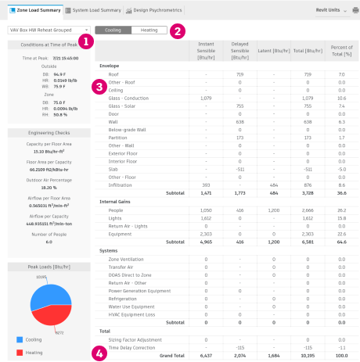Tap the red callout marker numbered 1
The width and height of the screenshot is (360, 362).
click(x=84, y=40)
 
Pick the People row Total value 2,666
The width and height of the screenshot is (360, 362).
click(x=308, y=210)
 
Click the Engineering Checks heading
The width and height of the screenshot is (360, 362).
click(x=45, y=134)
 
